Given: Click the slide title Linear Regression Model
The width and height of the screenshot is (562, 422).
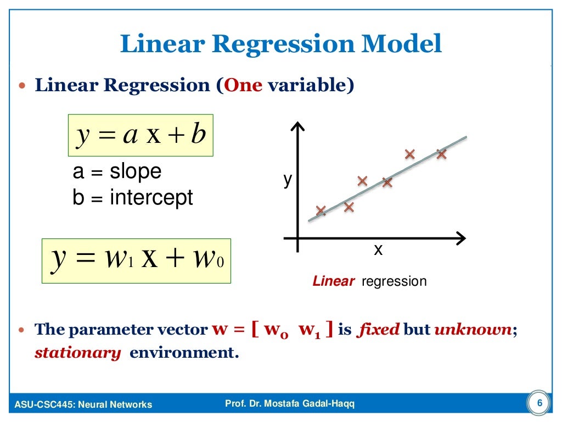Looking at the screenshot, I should coord(280,44).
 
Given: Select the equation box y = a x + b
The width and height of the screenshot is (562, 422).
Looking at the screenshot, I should coord(140,135).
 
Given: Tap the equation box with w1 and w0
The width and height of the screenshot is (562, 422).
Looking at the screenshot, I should coord(137,260).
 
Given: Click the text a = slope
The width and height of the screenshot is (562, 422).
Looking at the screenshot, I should coord(117,172).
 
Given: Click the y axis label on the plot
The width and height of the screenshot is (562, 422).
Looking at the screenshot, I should coord(287,180).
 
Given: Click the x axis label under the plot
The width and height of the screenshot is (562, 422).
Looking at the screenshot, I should coord(378,251).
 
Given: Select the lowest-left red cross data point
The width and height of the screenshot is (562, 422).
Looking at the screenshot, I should coord(321,210).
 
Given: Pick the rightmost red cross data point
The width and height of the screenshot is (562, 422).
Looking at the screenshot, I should coord(441,154).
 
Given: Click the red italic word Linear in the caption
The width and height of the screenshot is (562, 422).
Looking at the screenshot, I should coord(334,282).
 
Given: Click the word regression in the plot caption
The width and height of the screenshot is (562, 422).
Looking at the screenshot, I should coord(394,282).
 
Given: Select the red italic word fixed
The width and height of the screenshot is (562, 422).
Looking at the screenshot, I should coord(378,330).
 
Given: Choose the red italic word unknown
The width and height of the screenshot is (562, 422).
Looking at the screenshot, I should coord(473,330).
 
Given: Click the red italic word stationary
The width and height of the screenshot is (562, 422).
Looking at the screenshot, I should coord(77,353).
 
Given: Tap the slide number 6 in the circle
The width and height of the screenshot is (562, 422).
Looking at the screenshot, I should coord(539,404).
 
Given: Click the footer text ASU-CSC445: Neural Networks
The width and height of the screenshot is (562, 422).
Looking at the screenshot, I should coord(83,405).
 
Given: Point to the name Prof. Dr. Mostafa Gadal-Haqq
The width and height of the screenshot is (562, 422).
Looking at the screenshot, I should coord(290,404).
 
